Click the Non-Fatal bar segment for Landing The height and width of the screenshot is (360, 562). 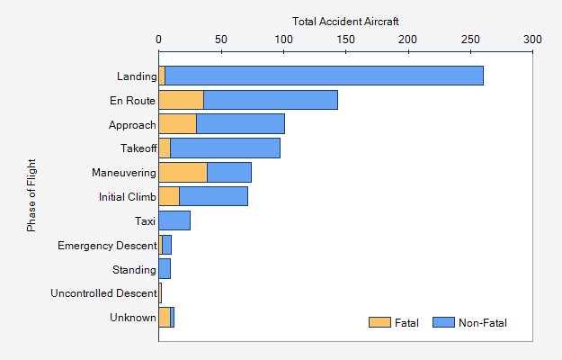(x=324, y=76)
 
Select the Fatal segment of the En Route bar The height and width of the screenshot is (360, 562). (x=181, y=100)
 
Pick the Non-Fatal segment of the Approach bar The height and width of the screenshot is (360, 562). (x=240, y=124)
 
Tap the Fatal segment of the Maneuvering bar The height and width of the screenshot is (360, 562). (x=183, y=172)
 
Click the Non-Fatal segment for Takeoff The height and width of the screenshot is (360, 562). (x=225, y=148)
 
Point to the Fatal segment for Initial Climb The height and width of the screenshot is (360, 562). (x=169, y=196)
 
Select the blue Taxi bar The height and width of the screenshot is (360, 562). (x=174, y=220)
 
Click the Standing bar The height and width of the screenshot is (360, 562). (x=165, y=269)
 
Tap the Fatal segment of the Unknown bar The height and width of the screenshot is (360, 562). (x=165, y=317)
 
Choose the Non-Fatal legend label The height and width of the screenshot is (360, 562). (x=483, y=323)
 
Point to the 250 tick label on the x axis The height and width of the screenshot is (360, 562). (x=470, y=40)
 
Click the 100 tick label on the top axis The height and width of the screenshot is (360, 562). (x=283, y=40)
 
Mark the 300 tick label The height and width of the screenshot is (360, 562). (x=532, y=40)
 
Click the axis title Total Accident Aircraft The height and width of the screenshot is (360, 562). (x=345, y=21)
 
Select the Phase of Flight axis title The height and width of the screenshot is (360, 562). (x=31, y=191)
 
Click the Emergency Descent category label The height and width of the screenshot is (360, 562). (x=106, y=245)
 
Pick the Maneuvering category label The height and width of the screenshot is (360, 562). (x=124, y=172)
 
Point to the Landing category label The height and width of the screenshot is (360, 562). (x=137, y=76)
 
